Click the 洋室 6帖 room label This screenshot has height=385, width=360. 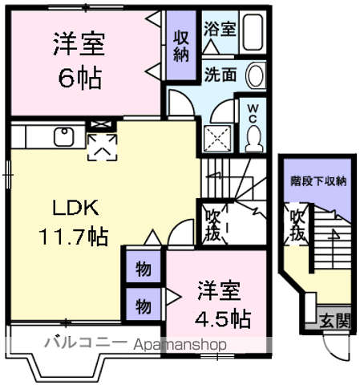tap(79, 60)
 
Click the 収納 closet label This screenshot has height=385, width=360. tap(181, 47)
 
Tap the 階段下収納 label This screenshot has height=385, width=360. tap(318, 181)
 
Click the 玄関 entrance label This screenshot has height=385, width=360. tap(335, 322)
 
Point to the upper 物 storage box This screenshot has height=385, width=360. tap(142, 269)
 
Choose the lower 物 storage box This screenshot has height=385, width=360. tap(142, 305)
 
